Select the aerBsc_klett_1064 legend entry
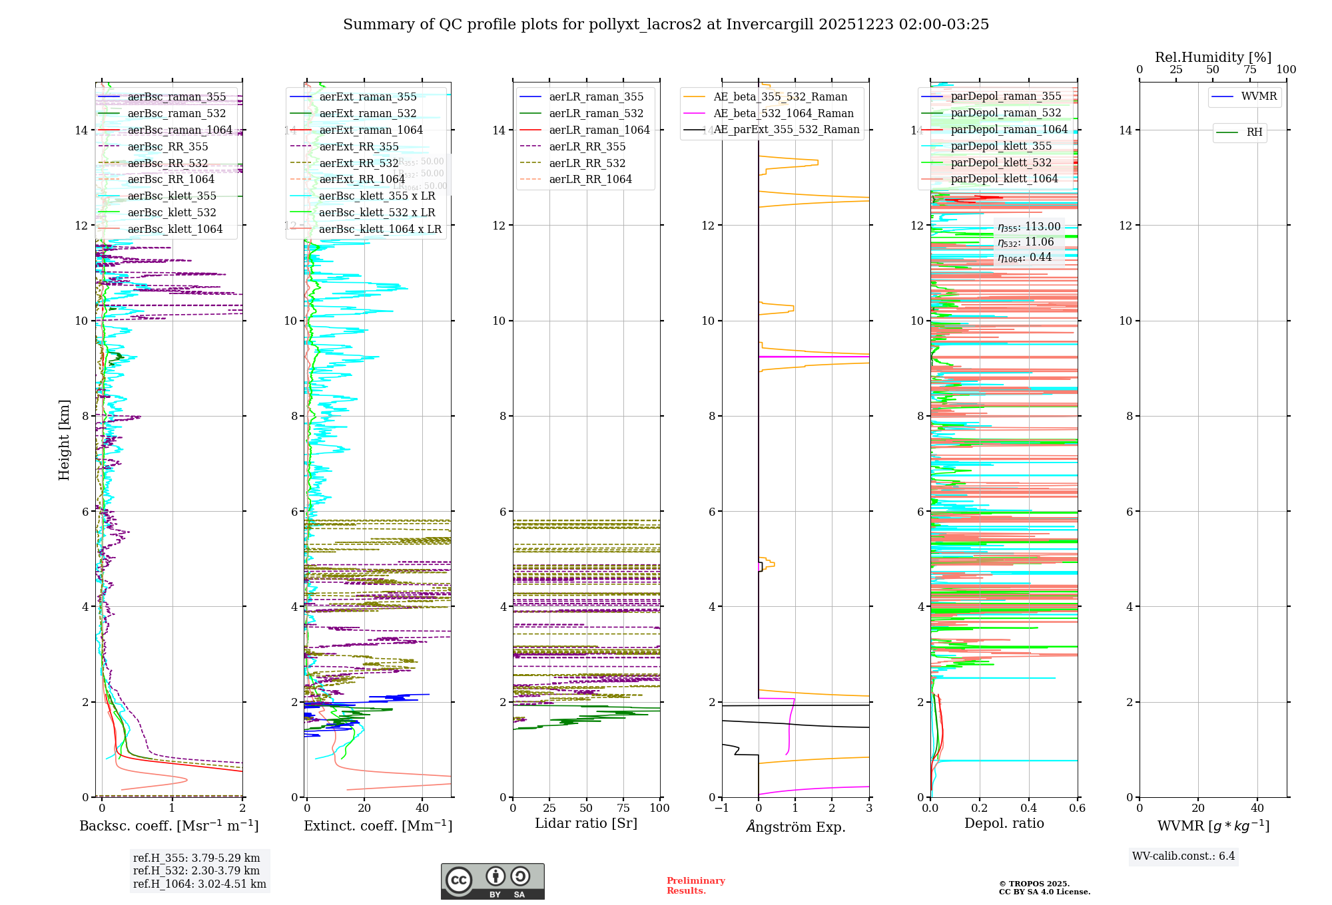pos(174,230)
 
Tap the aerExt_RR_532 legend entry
pos(358,163)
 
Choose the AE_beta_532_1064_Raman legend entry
pos(783,113)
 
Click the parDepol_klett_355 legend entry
pos(1001,146)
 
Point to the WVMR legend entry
pos(1259,96)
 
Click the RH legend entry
pos(1254,132)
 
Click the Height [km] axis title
pos(64,439)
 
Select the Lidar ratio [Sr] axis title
pos(586,823)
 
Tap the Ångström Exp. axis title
pos(796,827)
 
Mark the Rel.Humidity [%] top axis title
pos(1213,57)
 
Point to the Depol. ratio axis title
pos(1004,823)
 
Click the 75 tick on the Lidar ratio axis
pos(623,808)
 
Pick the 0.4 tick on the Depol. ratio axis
pos(1028,808)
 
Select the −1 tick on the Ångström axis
pos(721,808)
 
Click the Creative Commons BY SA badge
pos(492,882)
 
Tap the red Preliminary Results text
pos(695,886)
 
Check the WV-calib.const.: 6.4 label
pos(1183,856)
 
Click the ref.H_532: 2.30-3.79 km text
pos(196,870)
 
